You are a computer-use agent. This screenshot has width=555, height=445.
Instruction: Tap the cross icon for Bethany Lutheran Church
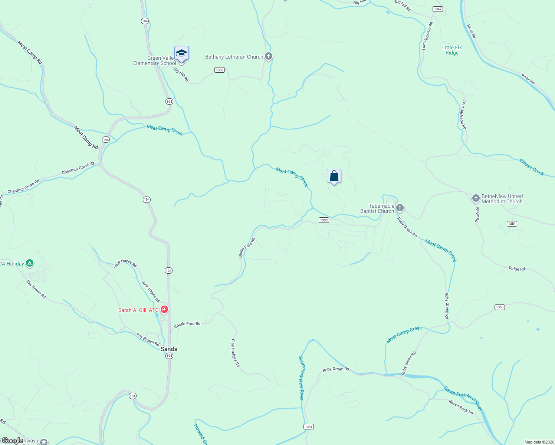tap(269, 57)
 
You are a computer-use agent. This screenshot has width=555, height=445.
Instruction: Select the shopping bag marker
tap(334, 176)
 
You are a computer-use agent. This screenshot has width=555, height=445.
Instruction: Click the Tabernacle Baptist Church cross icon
tap(400, 208)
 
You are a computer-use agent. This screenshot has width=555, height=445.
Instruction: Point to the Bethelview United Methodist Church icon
tap(476, 198)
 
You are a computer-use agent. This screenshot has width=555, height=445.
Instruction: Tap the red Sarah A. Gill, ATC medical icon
tap(164, 310)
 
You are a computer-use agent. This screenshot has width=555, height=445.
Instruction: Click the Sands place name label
tap(169, 349)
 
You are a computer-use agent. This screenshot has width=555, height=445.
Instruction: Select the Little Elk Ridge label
tap(452, 50)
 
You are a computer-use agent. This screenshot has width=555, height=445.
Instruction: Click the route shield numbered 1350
tap(220, 70)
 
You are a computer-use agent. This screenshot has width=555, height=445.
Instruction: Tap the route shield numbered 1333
tap(324, 220)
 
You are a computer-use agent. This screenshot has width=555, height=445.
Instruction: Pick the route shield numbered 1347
tap(438, 9)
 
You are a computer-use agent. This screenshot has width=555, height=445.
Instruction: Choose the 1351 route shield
tap(512, 224)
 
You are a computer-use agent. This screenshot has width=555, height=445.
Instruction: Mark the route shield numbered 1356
tap(499, 307)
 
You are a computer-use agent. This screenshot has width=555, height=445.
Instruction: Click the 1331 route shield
tap(308, 426)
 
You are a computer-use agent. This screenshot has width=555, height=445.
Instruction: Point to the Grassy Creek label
tap(531, 167)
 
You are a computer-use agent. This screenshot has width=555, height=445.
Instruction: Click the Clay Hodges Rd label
tap(235, 353)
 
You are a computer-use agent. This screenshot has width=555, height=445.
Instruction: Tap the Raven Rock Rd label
tap(461, 407)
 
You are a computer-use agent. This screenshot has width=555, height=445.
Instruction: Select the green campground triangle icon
tap(30, 264)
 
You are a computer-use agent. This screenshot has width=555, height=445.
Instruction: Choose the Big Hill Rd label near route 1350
tap(181, 75)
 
